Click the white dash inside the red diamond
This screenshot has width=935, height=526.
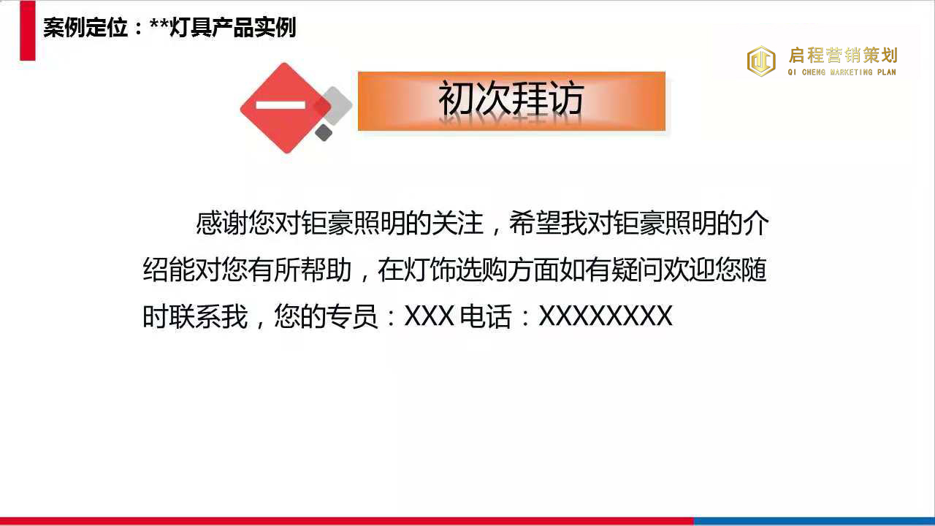pos(280,104)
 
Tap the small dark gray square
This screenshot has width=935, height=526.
pos(324,133)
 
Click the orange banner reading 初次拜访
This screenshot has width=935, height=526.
pos(511,101)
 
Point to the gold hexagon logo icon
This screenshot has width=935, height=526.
pos(761,61)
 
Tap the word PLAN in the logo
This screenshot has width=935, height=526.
pos(887,72)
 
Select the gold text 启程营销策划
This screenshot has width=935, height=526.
pos(843,55)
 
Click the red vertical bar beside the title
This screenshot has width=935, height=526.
pos(28,31)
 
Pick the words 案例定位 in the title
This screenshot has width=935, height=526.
pos(85,28)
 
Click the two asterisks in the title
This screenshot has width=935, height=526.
pos(159,25)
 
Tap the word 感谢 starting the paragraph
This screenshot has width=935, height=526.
pos(222,223)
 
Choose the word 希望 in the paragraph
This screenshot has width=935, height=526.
pos(535,223)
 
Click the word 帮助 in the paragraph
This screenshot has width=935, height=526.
pos(326,270)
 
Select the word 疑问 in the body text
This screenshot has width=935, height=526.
pos(637,270)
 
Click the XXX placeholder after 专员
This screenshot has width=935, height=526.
pos(429,316)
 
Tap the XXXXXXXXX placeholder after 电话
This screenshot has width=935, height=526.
pos(606,316)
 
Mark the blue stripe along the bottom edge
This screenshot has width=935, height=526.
pos(814,522)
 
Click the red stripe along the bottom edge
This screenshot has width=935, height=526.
pos(347,522)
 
